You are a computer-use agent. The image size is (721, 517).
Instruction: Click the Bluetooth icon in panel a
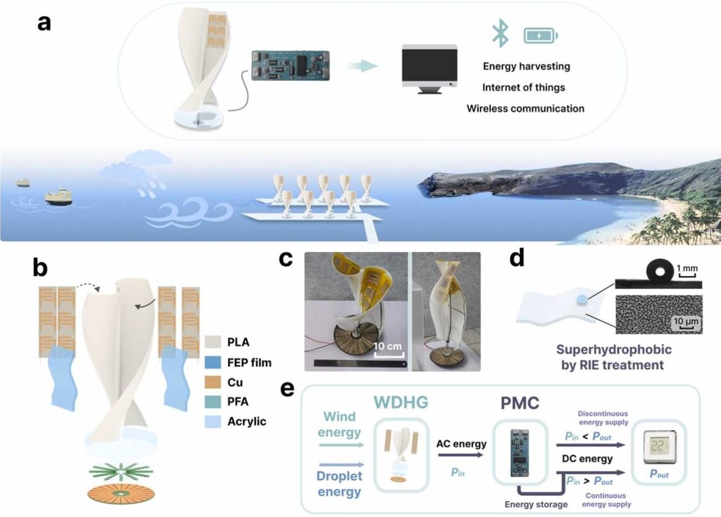tap(500, 34)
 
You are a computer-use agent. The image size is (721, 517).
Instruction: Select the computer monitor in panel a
tap(429, 68)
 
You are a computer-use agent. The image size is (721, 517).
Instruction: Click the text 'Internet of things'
tap(524, 88)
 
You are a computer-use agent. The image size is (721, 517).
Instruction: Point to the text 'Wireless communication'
tap(525, 108)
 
